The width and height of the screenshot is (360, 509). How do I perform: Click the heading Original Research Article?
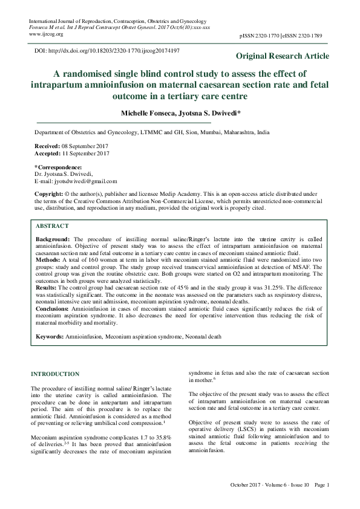283,56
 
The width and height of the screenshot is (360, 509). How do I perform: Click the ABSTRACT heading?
52,225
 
